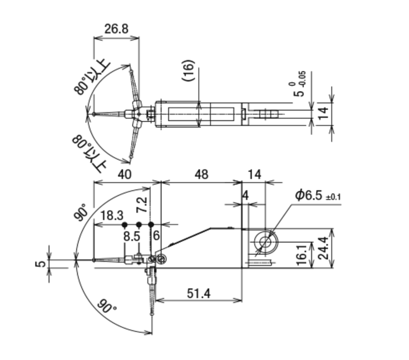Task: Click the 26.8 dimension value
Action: [x=116, y=29]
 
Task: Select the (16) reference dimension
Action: [x=188, y=71]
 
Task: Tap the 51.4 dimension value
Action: [x=199, y=293]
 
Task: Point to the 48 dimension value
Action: [x=202, y=175]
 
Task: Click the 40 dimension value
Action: [x=124, y=175]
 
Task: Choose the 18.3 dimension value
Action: [x=112, y=216]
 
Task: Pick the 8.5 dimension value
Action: [x=131, y=236]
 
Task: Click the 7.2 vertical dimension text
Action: [x=143, y=205]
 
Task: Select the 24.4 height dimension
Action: [x=324, y=248]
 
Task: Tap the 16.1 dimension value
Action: [x=302, y=255]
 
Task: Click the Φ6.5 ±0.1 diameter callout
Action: [x=318, y=195]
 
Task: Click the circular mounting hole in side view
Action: [x=265, y=242]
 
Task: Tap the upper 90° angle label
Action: [x=81, y=212]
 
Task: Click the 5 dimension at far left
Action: [x=40, y=264]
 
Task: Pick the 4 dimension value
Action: [x=245, y=195]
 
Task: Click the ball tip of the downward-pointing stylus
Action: [x=151, y=314]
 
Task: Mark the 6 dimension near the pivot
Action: [x=156, y=236]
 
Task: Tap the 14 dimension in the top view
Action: [x=324, y=113]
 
